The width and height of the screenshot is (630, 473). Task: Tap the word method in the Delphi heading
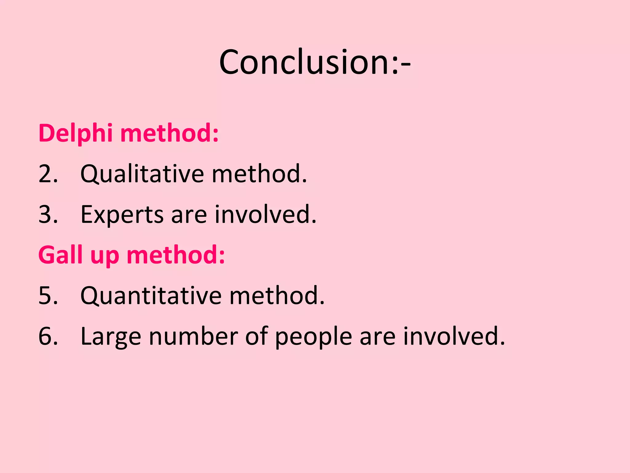(169, 133)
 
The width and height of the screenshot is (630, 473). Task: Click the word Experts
(122, 215)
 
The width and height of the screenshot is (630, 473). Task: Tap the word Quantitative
(151, 296)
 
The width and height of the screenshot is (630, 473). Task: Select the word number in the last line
(193, 336)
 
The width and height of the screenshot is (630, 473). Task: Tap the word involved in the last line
(454, 336)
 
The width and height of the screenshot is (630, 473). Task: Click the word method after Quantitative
(277, 296)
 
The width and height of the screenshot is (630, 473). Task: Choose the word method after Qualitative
(259, 174)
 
